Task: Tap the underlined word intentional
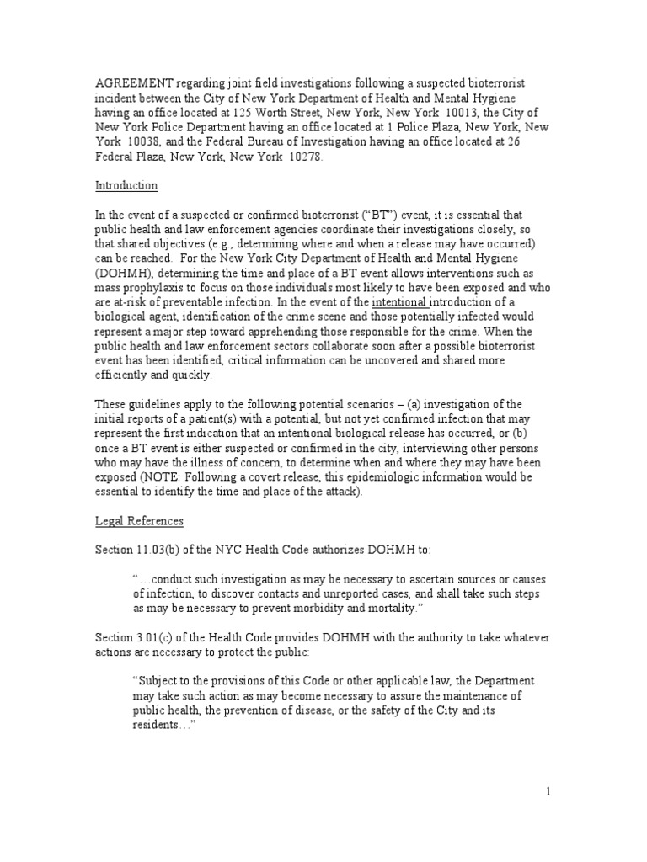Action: (x=400, y=301)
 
